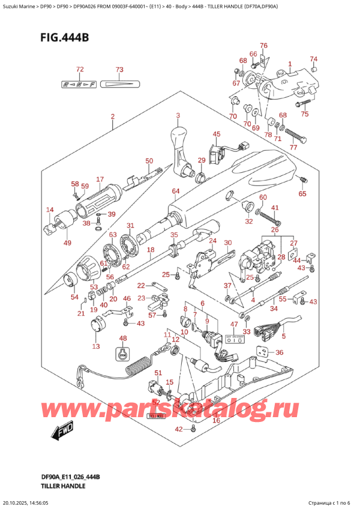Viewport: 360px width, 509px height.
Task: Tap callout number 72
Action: [80, 70]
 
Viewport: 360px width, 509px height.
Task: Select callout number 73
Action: [119, 70]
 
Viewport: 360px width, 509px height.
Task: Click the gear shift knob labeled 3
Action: [179, 142]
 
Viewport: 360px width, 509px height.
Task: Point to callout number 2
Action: [112, 116]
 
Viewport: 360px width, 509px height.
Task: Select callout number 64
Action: [175, 191]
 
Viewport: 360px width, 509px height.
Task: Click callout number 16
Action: [216, 421]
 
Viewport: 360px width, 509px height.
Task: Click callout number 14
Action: [50, 209]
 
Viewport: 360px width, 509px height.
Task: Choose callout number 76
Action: [263, 46]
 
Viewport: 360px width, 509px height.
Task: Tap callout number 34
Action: [274, 309]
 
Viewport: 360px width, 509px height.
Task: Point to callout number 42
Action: [178, 429]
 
